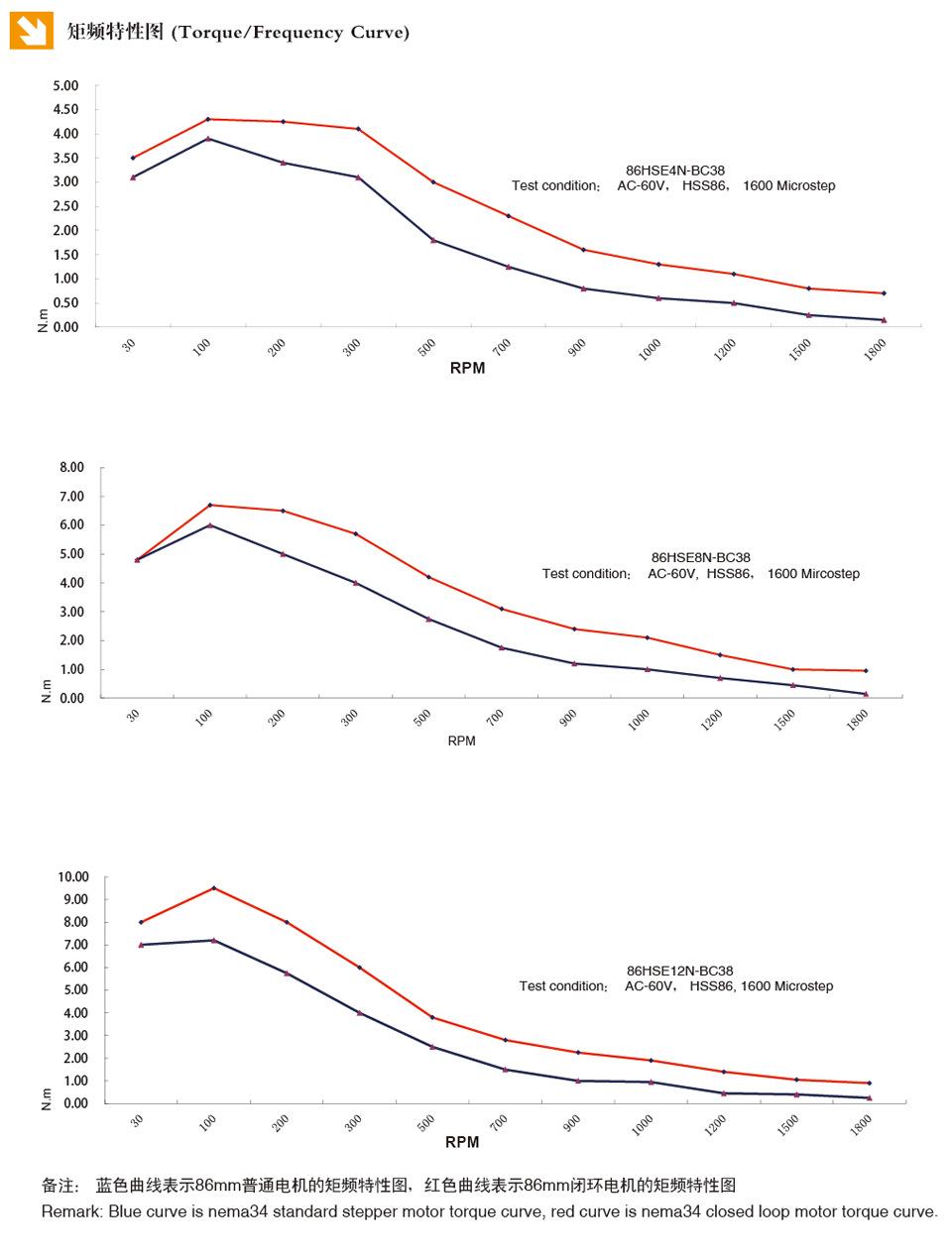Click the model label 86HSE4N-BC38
coord(674,171)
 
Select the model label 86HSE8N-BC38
coord(700,557)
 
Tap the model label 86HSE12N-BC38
coord(679,971)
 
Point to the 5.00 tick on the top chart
coord(65,85)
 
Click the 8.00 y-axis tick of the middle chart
coord(71,467)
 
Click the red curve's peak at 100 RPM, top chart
coord(208,119)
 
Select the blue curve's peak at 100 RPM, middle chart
coord(210,524)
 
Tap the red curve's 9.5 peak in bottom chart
coord(213,888)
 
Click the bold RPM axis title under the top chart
coord(467,369)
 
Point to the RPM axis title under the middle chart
coord(461,741)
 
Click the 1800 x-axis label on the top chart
coord(875,349)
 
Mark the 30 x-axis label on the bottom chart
coord(137,1119)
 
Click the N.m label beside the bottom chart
coord(46,1098)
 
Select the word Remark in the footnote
coord(70,1211)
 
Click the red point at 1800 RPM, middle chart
coord(866,671)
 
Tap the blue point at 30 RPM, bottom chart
coord(141,945)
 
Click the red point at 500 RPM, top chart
coord(433,181)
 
